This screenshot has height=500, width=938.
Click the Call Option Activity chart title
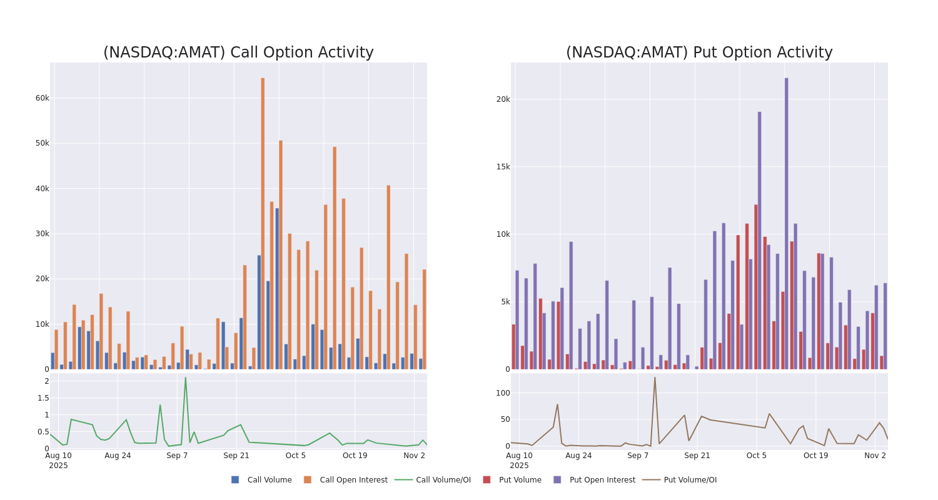pos(238,53)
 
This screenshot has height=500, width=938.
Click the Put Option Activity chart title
pos(699,53)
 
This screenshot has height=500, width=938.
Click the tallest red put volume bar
pos(755,287)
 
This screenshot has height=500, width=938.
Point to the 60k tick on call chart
pos(42,98)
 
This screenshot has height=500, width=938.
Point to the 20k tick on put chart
pos(503,99)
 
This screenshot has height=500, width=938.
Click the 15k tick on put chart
pos(503,167)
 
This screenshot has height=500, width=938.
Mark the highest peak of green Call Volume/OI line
pos(185,377)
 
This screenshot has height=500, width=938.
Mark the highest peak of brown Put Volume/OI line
pos(655,377)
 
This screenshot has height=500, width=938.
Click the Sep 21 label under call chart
pos(236,456)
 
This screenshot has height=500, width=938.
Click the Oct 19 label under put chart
pos(815,456)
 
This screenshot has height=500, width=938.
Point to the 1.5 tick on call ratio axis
pos(43,398)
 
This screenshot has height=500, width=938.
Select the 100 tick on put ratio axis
pos(503,393)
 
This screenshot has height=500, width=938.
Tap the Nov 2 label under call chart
pos(414,456)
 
